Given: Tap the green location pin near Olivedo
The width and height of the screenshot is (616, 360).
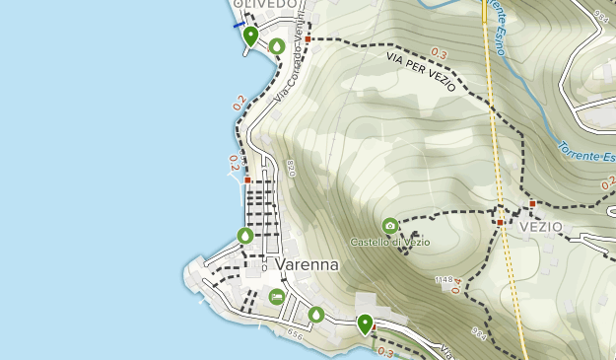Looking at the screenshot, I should [250, 36].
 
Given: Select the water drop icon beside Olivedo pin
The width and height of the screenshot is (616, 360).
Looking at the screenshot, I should [277, 45].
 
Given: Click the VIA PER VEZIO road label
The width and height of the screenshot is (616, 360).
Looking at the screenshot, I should [421, 73].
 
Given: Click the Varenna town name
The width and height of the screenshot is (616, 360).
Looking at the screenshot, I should [308, 265].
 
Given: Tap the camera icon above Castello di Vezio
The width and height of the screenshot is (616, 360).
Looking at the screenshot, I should [390, 226].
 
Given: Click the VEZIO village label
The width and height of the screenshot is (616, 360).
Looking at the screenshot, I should [540, 227].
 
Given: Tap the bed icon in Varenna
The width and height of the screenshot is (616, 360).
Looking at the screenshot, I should [276, 296].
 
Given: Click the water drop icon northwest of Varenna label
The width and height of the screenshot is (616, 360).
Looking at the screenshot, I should [245, 236].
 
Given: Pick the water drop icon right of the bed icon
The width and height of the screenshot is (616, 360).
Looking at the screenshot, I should [315, 314].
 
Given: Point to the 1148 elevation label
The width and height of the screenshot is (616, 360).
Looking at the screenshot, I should [444, 280].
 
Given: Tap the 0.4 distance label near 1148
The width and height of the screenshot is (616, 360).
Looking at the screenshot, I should [456, 287].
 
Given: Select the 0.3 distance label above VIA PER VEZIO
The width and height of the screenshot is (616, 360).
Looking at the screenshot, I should [439, 53].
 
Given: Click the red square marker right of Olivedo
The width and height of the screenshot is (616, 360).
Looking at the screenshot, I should [308, 40].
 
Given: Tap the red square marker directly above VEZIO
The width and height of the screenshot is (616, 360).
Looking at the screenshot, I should [532, 204].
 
